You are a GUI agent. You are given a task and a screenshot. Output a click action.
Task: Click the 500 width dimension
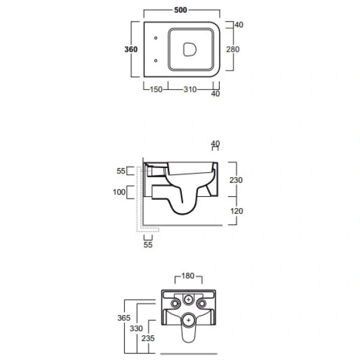[x=181, y=10]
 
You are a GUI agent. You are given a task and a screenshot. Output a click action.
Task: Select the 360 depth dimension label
[x=131, y=49]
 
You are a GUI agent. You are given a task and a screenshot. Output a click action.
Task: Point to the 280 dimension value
[x=233, y=49]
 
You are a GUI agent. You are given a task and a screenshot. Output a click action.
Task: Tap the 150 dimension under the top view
[x=156, y=89]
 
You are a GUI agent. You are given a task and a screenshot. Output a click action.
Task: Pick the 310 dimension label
[x=190, y=89]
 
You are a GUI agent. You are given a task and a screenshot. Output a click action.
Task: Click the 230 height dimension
[x=236, y=180]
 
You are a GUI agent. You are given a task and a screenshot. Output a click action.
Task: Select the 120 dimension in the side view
[x=236, y=211]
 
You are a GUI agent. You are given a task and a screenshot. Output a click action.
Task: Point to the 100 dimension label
[x=119, y=192]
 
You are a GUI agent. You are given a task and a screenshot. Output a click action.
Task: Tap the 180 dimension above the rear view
[x=188, y=276]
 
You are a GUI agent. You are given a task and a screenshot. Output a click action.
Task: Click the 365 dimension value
[x=124, y=318]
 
